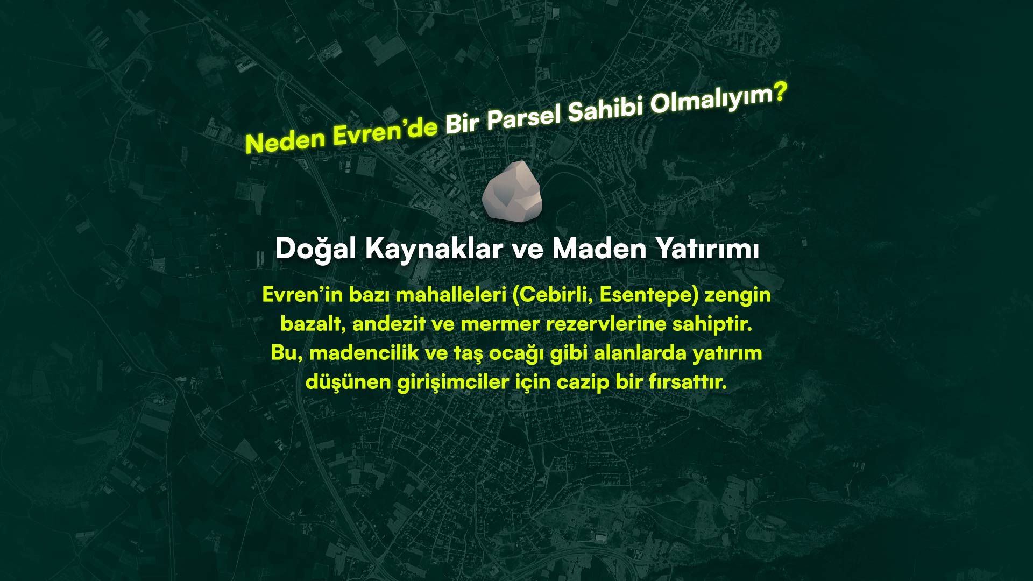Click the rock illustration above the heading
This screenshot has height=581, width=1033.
[x=512, y=191]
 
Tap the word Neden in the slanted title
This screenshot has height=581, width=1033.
[x=286, y=141]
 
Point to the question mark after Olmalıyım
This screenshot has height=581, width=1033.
[x=780, y=93]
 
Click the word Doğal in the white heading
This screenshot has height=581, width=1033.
[x=315, y=249]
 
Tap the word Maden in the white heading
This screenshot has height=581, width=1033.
[x=599, y=249]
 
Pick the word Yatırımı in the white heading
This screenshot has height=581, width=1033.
[x=707, y=249]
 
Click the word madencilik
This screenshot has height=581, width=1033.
[x=364, y=353]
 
